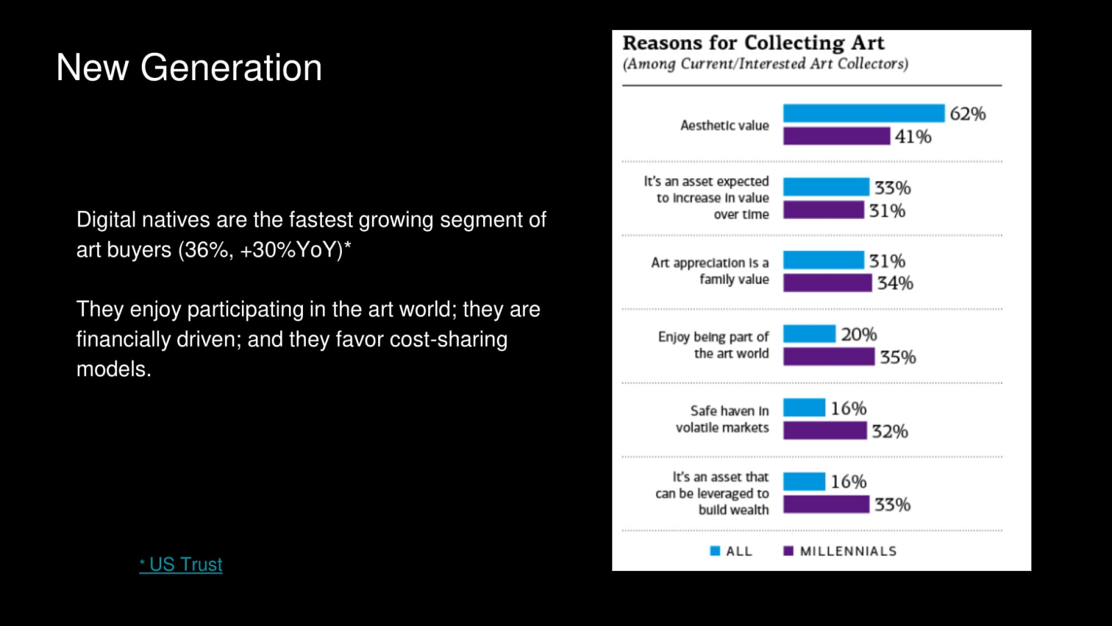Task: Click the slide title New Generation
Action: click(x=189, y=68)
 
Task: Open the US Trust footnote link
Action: click(x=181, y=564)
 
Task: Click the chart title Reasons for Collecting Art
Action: click(x=753, y=43)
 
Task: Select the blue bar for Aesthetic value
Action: click(x=863, y=113)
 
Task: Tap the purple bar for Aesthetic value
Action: click(x=836, y=136)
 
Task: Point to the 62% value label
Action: click(x=967, y=114)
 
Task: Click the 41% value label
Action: click(x=913, y=137)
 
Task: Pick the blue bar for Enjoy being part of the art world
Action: click(x=809, y=334)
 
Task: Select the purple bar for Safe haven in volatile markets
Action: click(x=825, y=431)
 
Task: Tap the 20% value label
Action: click(x=858, y=335)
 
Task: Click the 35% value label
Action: click(x=897, y=358)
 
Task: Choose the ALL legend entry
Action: click(x=731, y=551)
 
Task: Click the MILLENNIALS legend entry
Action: click(x=840, y=551)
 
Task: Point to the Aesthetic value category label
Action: click(x=724, y=126)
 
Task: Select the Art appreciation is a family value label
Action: click(x=710, y=271)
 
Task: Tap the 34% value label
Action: click(x=894, y=283)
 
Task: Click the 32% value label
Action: click(x=890, y=431)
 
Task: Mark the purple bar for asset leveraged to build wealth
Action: click(x=826, y=504)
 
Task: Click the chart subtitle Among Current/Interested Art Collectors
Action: click(x=765, y=64)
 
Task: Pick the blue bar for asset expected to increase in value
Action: click(x=826, y=187)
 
